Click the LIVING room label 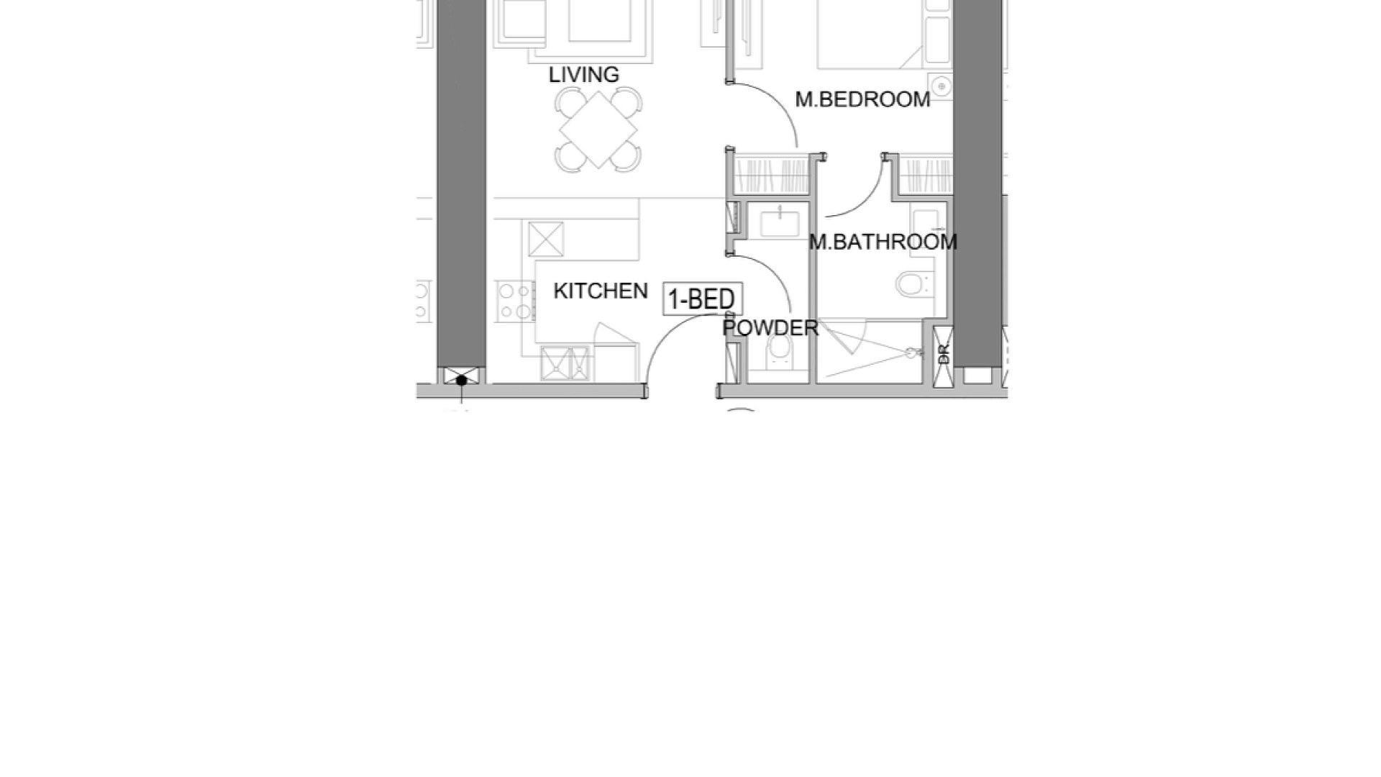pos(583,75)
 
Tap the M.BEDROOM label pos(862,99)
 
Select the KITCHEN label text pos(601,291)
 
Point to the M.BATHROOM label pos(883,242)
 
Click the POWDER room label pos(770,328)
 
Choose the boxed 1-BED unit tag pos(702,299)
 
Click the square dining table pos(598,130)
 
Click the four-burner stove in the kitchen pos(515,301)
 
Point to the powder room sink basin pos(780,224)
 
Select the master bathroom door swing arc pos(867,199)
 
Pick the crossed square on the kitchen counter pos(546,240)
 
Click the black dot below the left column pos(462,380)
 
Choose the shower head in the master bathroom pos(913,353)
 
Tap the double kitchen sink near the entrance pos(565,363)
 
